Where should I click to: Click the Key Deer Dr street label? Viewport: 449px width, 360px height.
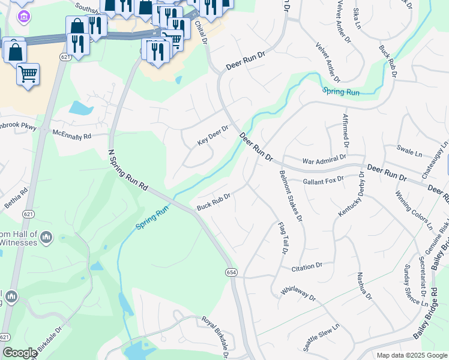[214, 136]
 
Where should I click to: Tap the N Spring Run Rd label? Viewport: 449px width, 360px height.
[128, 171]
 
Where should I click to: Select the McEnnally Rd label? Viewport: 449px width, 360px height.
[71, 134]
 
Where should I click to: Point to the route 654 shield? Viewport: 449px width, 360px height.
[232, 272]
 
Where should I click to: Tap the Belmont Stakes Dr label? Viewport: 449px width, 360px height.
[291, 196]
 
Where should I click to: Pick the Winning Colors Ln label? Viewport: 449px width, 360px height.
[413, 210]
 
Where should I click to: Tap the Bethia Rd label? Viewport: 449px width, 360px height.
[16, 199]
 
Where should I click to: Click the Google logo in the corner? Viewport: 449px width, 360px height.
[20, 353]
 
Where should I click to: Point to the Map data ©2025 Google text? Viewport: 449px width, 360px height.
[411, 355]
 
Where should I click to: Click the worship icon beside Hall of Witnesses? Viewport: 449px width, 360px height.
[47, 239]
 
